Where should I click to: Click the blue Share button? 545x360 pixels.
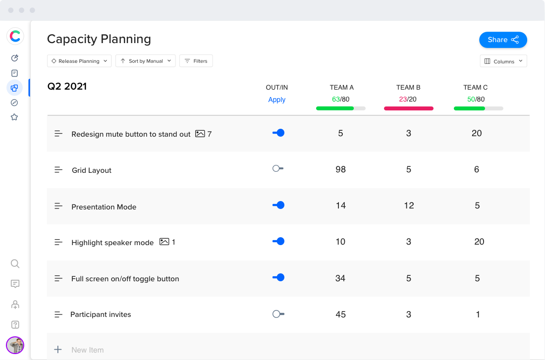(502, 40)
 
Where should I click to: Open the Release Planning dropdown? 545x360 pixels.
(79, 61)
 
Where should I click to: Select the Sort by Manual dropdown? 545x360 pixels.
(145, 61)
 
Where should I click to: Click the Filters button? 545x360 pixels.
(196, 61)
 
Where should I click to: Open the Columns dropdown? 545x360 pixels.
(503, 61)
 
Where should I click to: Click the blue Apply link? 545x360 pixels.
(276, 100)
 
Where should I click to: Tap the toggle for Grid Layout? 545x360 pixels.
(278, 169)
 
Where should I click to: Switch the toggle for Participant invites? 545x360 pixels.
(278, 314)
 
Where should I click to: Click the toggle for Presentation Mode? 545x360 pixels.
(278, 205)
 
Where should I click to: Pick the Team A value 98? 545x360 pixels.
(340, 169)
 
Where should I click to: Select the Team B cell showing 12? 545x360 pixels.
(409, 206)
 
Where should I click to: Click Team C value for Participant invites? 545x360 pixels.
(478, 314)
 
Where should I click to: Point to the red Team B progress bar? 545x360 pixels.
(408, 108)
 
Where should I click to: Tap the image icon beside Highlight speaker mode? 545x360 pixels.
(164, 242)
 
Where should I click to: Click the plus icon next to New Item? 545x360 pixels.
(58, 350)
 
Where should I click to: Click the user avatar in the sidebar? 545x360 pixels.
(15, 345)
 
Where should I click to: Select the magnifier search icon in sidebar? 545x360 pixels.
(15, 263)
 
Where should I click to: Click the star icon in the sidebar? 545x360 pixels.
(14, 117)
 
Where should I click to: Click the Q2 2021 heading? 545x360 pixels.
(67, 87)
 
